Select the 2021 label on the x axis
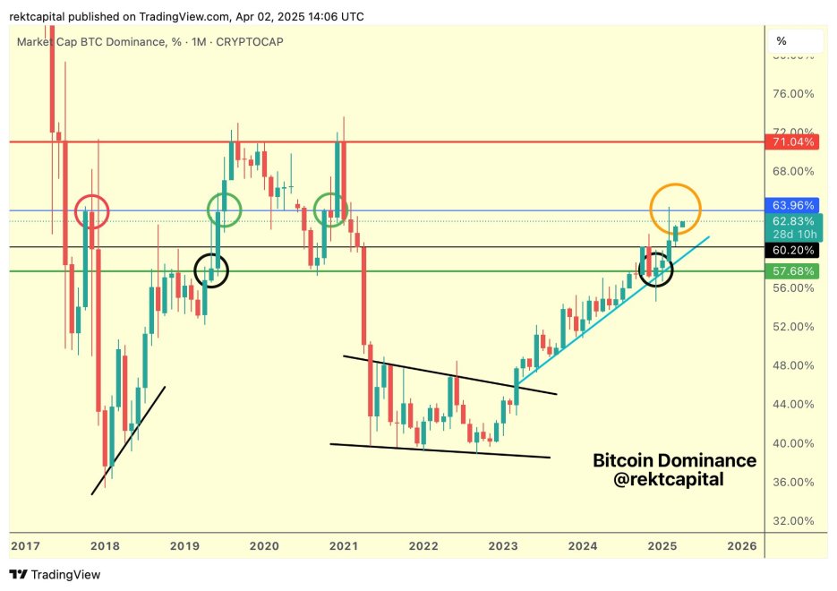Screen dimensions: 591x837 [344, 545]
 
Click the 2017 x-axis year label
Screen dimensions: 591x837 [27, 545]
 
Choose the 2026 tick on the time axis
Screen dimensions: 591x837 [741, 545]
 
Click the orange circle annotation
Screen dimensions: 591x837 [675, 207]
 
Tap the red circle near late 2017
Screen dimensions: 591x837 [92, 212]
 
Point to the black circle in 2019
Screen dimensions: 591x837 [212, 270]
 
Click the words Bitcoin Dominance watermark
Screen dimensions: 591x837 [674, 461]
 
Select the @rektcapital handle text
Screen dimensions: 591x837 [670, 481]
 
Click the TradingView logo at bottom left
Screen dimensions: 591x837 [56, 574]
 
